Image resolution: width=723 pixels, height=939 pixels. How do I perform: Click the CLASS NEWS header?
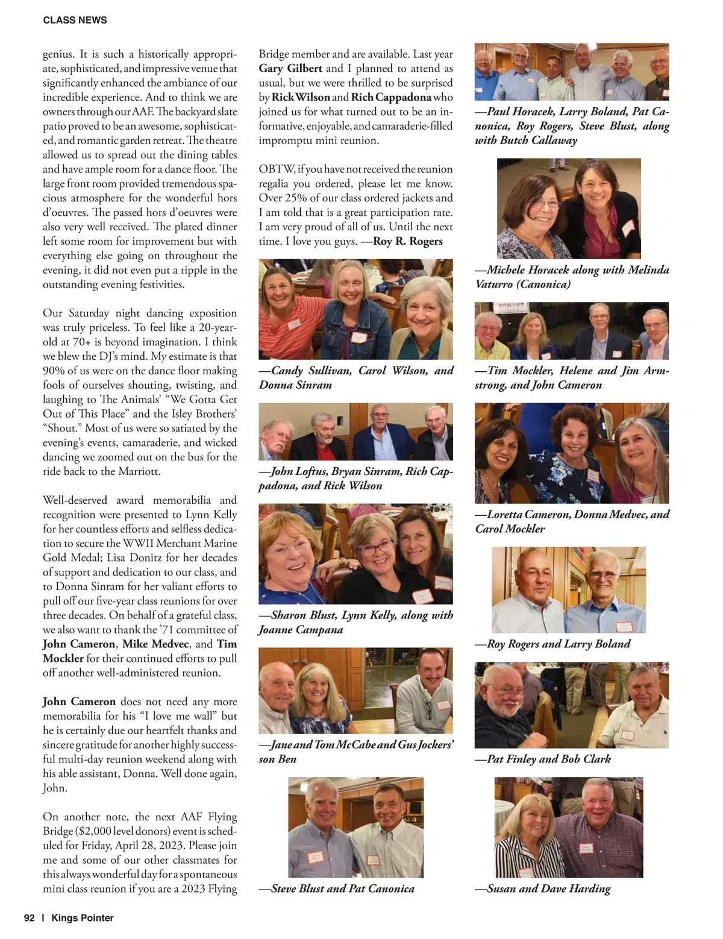click(x=75, y=20)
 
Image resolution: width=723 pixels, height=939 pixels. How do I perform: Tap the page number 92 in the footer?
click(x=30, y=918)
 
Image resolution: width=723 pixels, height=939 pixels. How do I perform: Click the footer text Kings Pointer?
click(x=83, y=918)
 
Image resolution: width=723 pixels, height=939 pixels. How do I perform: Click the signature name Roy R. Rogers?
click(x=408, y=242)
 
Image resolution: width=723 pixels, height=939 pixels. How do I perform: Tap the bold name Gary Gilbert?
click(x=290, y=69)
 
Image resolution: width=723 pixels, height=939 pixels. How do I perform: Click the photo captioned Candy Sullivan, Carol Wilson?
click(x=355, y=309)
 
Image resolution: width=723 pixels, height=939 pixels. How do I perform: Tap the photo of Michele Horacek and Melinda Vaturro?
click(x=569, y=209)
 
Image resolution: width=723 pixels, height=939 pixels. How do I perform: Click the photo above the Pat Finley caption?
click(x=571, y=705)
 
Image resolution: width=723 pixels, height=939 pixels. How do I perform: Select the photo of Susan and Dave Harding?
click(x=568, y=827)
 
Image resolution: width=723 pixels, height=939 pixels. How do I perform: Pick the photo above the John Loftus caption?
click(x=355, y=432)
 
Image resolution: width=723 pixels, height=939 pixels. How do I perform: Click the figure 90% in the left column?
click(x=55, y=371)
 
